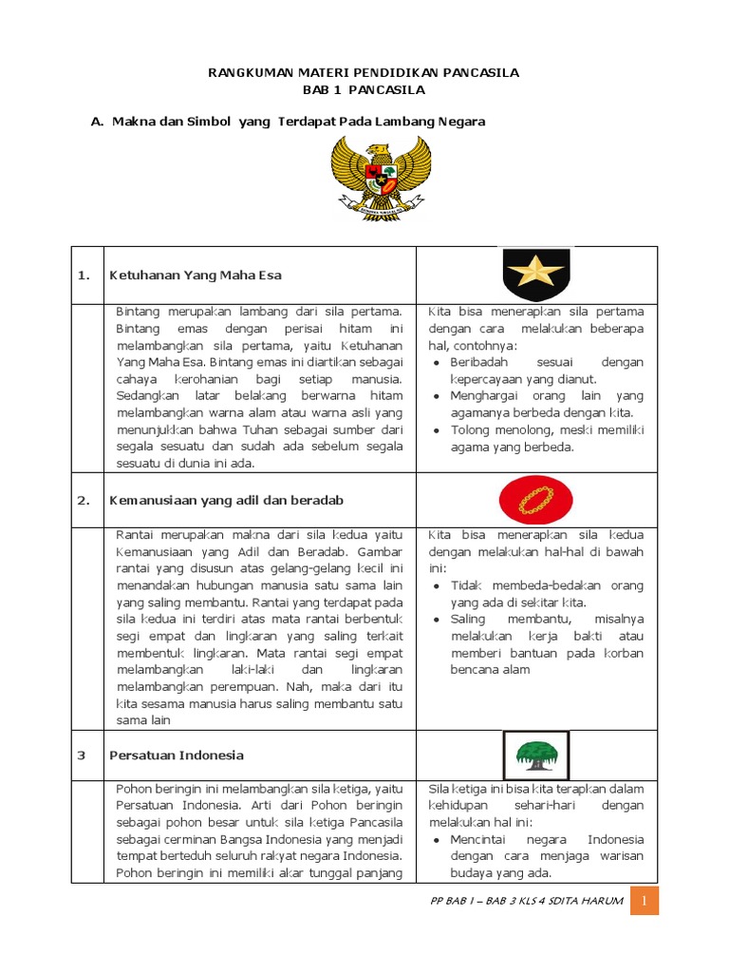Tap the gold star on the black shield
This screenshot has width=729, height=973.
coord(536,275)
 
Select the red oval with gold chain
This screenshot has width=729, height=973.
coord(536,499)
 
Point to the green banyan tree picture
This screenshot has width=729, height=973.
coord(535,755)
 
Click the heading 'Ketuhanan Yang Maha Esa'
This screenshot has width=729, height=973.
coord(196,276)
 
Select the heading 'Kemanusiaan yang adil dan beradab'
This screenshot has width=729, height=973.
coord(226,500)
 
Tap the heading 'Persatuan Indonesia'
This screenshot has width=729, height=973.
coord(177,755)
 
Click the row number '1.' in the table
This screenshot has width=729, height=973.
coord(84,276)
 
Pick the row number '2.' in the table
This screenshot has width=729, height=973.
coord(84,500)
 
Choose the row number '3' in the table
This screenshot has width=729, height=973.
coord(82,755)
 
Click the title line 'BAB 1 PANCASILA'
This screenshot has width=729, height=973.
coord(364,90)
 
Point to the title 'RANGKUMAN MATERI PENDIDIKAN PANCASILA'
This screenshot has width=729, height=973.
coord(364,73)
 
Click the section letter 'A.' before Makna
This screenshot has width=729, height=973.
coord(96,122)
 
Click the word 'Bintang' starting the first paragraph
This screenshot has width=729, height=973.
coord(138,312)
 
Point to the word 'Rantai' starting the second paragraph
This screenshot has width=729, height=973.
coord(136,534)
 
